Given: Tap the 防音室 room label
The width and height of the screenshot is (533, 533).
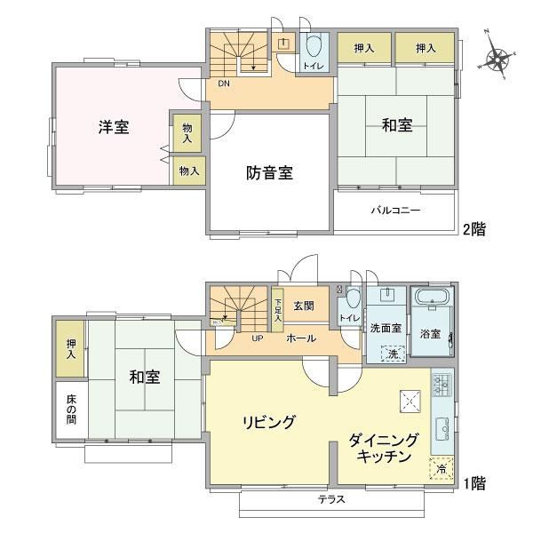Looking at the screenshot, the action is tap(269, 172).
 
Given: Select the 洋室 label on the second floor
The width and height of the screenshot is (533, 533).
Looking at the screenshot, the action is tap(114, 127).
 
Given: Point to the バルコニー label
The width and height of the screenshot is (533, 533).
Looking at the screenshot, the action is tap(395, 210).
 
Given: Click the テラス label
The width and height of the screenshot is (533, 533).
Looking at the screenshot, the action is tap(331, 499).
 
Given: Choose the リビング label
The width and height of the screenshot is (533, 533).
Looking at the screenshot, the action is tap(268, 422).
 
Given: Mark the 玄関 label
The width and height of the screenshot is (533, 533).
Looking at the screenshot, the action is tap(304, 306).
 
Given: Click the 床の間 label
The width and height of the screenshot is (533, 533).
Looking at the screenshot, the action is tap(71, 409).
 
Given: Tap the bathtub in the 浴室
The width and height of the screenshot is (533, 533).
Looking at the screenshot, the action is tap(432, 297).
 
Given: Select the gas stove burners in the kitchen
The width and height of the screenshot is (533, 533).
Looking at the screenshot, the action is tap(442, 384).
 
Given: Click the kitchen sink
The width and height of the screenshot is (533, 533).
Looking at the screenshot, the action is tap(442, 429).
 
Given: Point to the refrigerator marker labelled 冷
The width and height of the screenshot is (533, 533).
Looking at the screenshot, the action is tap(442, 469).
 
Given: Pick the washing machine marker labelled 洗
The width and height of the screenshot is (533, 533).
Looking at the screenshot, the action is tap(393, 354).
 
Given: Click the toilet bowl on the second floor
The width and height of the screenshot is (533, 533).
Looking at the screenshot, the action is tap(314, 45).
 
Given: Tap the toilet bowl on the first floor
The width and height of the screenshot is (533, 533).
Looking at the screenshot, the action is tap(353, 298).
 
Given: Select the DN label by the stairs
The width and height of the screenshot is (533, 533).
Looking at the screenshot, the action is tap(224, 84).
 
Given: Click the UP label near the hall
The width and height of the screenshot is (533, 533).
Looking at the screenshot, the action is tap(258, 338).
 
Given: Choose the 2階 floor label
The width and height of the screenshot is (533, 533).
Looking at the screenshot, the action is tap(474, 229).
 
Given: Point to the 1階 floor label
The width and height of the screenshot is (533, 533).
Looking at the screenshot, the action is tap(474, 483).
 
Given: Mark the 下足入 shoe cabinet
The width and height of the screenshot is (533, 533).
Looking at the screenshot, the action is tap(277, 310).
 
